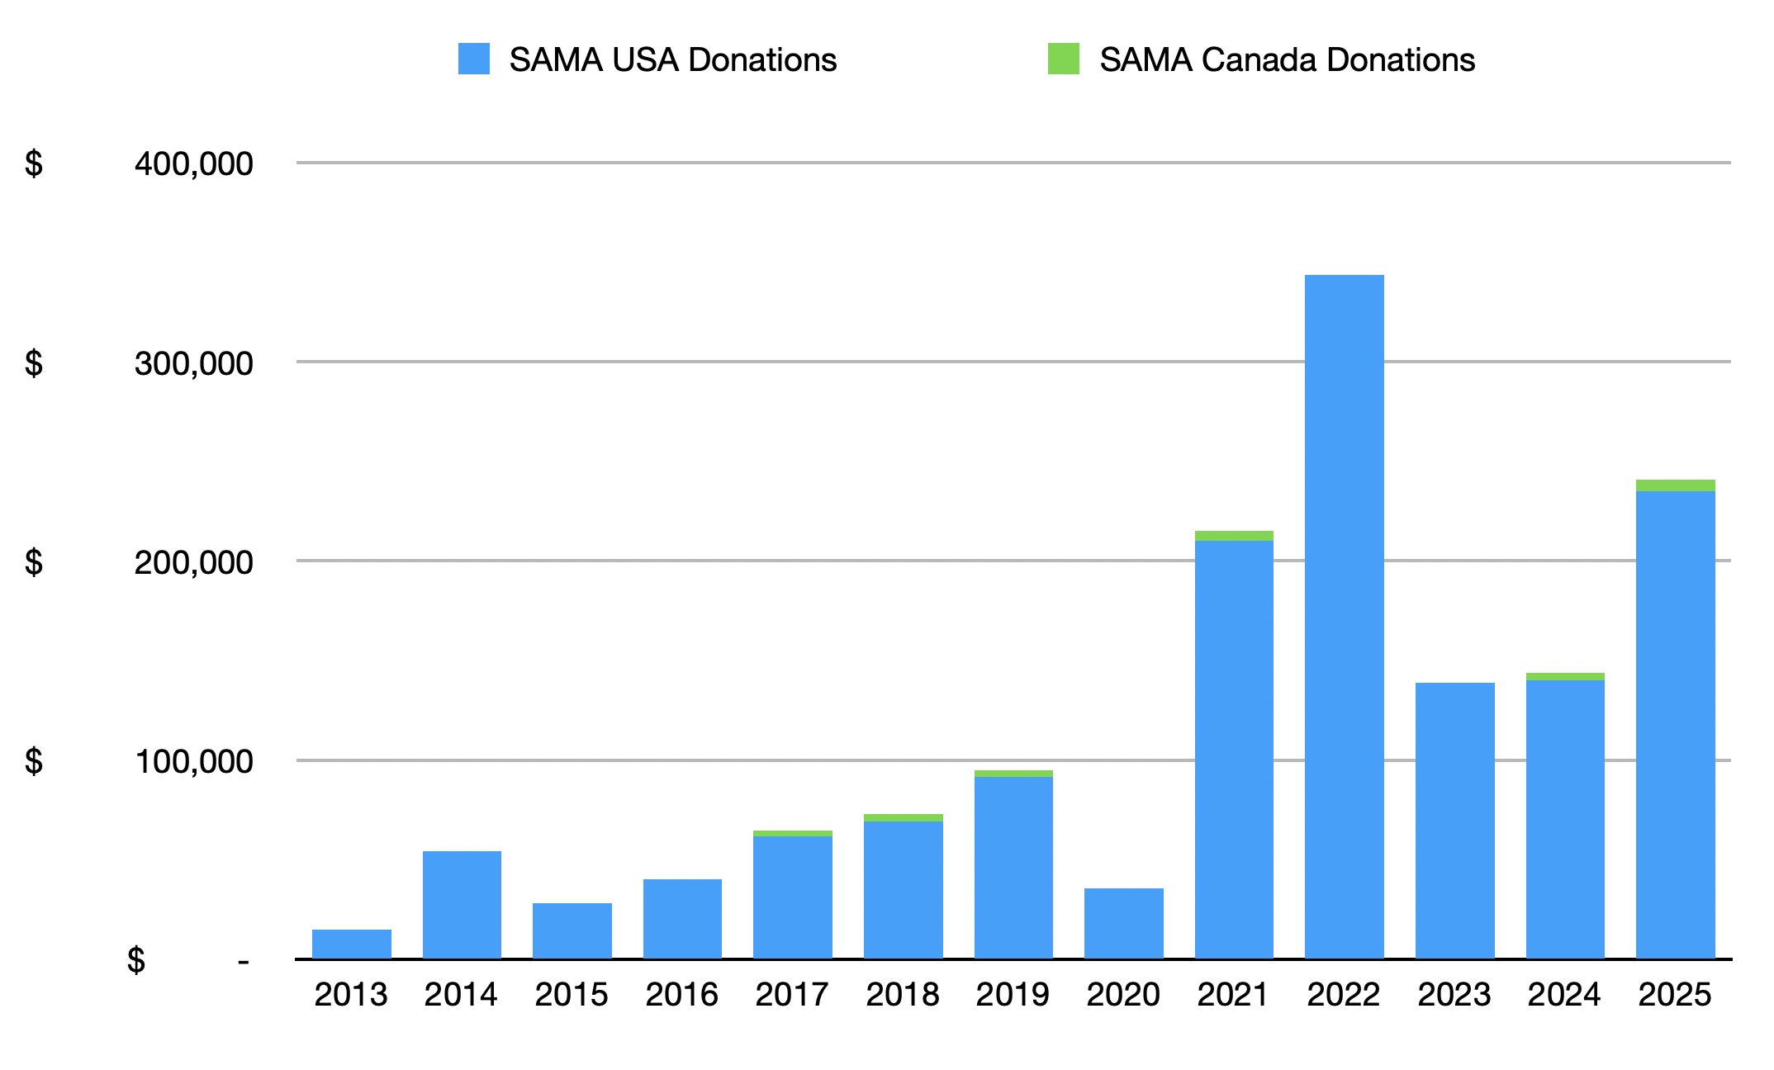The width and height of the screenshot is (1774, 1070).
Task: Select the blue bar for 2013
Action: (x=351, y=944)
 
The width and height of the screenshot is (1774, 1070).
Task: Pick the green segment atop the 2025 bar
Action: (x=1675, y=485)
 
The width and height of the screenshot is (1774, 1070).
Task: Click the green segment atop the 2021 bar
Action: (x=1234, y=536)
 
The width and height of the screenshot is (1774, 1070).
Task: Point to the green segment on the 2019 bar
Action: (x=1013, y=774)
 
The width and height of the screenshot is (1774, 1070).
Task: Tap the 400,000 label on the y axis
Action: (x=193, y=163)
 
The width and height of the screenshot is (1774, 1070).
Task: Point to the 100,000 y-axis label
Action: (x=193, y=761)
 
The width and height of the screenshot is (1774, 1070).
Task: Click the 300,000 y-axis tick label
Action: (x=193, y=363)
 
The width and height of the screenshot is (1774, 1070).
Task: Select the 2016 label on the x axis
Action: (x=681, y=995)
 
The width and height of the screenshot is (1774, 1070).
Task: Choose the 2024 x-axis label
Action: (x=1564, y=995)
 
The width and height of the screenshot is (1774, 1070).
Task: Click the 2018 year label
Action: (x=902, y=995)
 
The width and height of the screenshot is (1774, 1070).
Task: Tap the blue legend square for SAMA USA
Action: (x=474, y=59)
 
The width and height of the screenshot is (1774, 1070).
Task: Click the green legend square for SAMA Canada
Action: (x=1063, y=59)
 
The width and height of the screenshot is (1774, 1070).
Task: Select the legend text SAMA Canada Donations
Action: (x=1287, y=60)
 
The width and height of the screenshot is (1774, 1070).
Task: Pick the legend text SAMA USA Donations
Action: (x=672, y=60)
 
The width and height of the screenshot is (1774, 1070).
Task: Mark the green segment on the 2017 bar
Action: (x=793, y=833)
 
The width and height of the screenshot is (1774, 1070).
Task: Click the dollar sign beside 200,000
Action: (x=34, y=562)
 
